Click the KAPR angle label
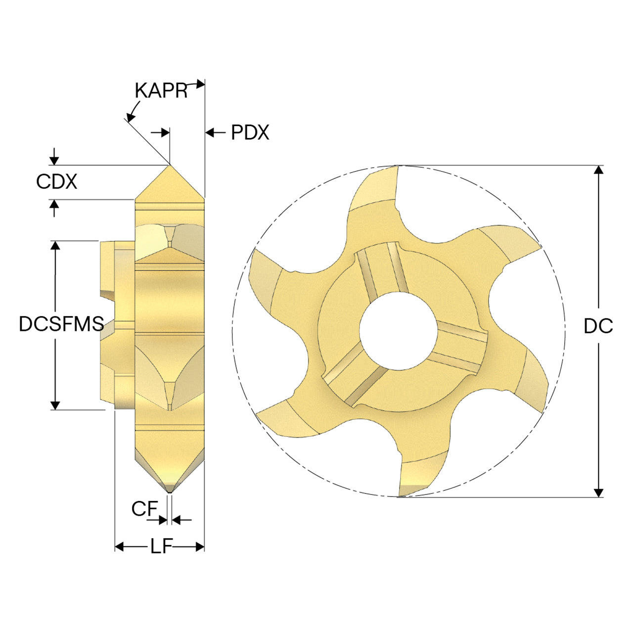tap(161, 90)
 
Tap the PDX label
tap(250, 133)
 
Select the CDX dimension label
tap(56, 181)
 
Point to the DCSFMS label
tap(61, 323)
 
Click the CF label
tap(144, 509)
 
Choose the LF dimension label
tap(161, 546)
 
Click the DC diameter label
tap(598, 326)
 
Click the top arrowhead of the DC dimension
tap(598, 170)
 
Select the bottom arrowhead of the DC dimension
tap(598, 493)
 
